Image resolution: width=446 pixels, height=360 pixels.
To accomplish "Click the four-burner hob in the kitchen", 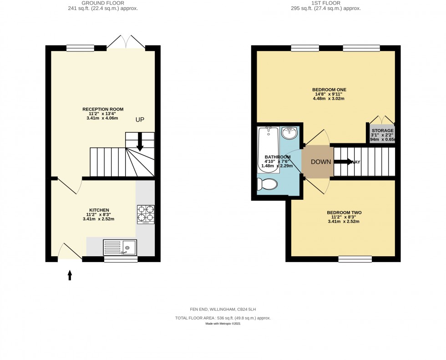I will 146,214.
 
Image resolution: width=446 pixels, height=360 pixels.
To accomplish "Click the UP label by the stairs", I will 140,119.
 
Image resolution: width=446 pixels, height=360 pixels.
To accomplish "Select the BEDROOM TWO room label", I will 344,213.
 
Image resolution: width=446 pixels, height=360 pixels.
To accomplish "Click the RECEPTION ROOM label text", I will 103,109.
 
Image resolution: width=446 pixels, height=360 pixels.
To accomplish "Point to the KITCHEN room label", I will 98,210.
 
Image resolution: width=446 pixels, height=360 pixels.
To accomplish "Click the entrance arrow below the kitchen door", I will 70,274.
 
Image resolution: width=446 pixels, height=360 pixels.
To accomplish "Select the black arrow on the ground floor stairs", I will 140,142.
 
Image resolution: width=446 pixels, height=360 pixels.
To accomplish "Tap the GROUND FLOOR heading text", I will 103,3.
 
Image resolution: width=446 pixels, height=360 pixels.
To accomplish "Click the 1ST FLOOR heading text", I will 325,3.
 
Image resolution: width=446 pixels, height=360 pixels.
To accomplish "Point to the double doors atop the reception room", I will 126,42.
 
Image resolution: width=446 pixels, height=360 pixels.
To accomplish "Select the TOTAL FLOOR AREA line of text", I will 226,318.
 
